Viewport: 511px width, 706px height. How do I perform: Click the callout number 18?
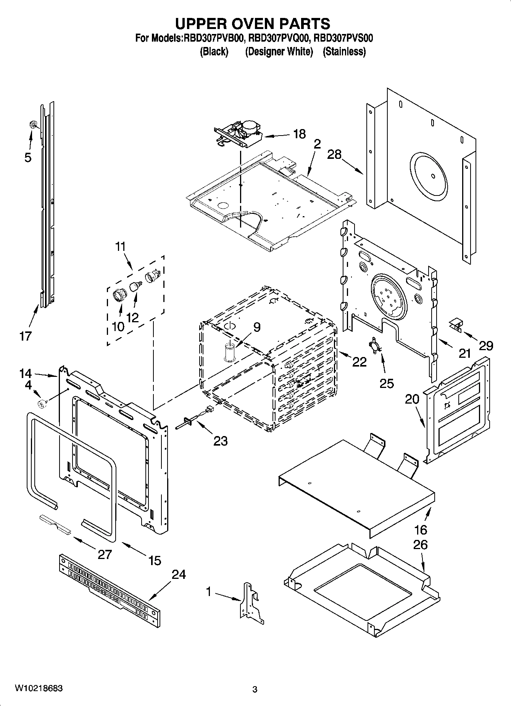pyautogui.click(x=299, y=134)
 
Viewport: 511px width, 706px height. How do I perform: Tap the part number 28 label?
pyautogui.click(x=334, y=154)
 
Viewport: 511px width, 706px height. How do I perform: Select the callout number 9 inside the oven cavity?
pyautogui.click(x=257, y=327)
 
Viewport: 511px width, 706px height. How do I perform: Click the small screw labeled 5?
pyautogui.click(x=33, y=124)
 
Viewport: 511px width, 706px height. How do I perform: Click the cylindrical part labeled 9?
pyautogui.click(x=229, y=351)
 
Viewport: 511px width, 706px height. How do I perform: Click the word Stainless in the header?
pyautogui.click(x=344, y=52)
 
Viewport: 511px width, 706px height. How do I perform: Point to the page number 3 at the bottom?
pyautogui.click(x=255, y=689)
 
